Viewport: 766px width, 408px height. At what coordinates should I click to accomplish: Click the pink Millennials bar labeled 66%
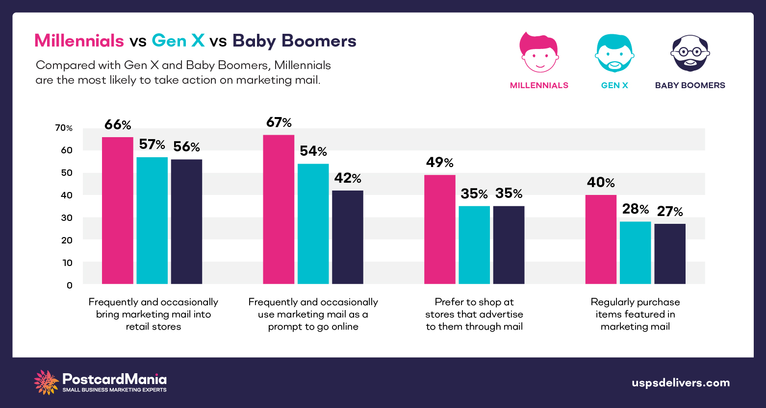(x=117, y=210)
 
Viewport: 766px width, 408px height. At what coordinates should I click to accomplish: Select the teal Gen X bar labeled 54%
(x=313, y=223)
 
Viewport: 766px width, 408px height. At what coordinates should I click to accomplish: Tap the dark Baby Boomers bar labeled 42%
(x=347, y=237)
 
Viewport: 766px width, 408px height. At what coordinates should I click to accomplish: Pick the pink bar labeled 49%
(x=439, y=229)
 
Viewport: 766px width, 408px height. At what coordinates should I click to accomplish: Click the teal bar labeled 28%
(x=635, y=253)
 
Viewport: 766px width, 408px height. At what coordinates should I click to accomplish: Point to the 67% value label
(x=279, y=122)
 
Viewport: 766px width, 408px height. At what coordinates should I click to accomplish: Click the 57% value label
(x=152, y=144)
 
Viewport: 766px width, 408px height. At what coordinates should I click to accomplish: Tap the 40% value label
(x=601, y=183)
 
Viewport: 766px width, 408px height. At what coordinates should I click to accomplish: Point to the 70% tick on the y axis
(x=64, y=128)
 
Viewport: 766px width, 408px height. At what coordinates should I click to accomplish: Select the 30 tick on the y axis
(x=67, y=217)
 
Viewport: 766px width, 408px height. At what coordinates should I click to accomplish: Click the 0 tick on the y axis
(x=70, y=285)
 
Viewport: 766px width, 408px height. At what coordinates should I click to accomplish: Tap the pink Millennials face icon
(x=538, y=52)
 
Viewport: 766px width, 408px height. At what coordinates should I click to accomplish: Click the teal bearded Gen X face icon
(x=614, y=53)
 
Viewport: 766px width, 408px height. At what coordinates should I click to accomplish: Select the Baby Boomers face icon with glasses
(x=690, y=53)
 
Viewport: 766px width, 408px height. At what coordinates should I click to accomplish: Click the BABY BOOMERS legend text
(x=690, y=85)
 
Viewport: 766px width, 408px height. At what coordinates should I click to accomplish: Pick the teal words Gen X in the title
(x=178, y=41)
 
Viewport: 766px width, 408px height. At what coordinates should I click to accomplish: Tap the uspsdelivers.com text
(x=681, y=383)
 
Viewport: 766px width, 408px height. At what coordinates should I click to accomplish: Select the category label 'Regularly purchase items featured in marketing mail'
(x=635, y=314)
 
